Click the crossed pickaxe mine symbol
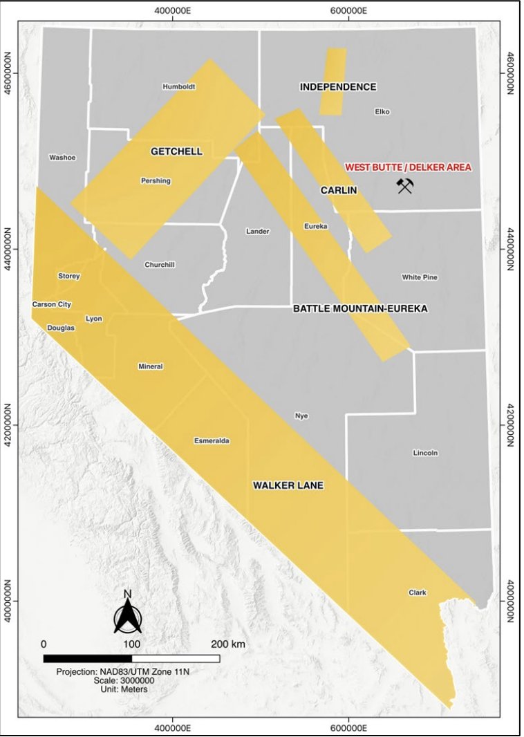click(404, 185)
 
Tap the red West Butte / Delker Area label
click(408, 167)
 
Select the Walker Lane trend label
click(288, 485)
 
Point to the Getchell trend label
click(176, 151)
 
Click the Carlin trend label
click(339, 190)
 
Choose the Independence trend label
click(338, 86)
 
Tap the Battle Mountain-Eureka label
click(360, 308)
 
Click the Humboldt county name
click(179, 86)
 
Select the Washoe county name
click(62, 158)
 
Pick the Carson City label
click(52, 304)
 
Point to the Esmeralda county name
click(212, 440)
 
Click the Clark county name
click(418, 593)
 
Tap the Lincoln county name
click(425, 453)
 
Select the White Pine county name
click(420, 277)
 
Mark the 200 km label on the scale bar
click(228, 644)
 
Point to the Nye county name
click(301, 416)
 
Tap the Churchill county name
click(160, 265)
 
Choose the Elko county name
click(382, 111)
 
